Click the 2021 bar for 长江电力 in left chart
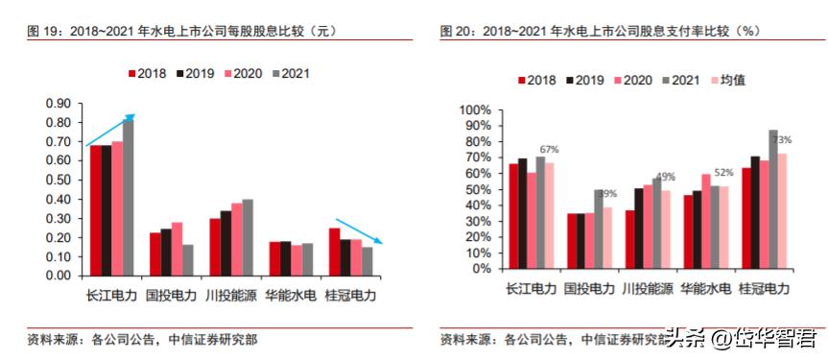[129, 197]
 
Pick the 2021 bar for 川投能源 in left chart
[248, 237]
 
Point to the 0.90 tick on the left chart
[59, 103]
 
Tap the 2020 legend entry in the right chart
[638, 80]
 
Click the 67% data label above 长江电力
[549, 149]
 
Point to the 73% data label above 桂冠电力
[782, 140]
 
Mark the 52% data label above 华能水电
[723, 173]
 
